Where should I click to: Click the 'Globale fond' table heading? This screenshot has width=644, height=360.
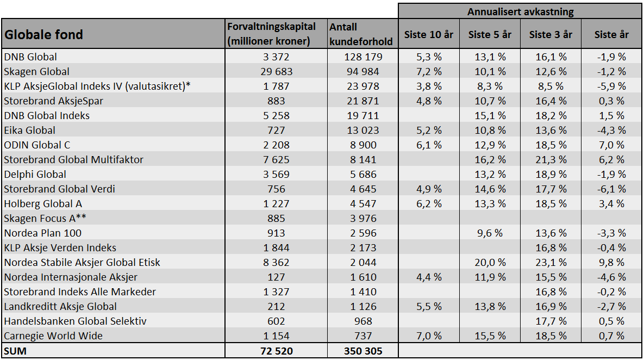coord(43,34)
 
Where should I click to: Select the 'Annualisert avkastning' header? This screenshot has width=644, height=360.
coord(521,11)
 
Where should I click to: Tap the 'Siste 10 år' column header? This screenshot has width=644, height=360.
coord(428,34)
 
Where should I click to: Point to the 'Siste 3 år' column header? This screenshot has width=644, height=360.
coord(551,34)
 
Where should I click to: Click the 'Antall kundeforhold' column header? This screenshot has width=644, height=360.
coord(361,34)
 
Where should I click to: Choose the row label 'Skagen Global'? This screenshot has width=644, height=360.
coord(36,71)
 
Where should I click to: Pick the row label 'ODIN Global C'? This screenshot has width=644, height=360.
coord(37,145)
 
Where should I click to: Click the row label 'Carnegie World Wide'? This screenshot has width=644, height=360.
coord(53,336)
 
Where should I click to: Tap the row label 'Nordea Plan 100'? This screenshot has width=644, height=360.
coord(43,233)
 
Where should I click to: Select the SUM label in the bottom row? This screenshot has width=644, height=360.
coord(15,351)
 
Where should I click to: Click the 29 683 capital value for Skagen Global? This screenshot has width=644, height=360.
coord(277,71)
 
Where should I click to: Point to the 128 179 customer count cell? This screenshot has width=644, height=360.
coord(363,57)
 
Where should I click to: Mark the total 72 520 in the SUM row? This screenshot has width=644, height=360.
coord(277,351)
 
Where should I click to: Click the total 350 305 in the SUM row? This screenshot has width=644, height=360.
coord(363,351)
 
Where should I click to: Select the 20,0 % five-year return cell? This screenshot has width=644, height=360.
coord(490,262)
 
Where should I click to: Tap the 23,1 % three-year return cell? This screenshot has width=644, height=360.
coord(551,262)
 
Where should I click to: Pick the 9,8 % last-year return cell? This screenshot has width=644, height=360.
coord(611,262)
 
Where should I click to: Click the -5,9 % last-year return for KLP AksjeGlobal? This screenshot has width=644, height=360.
coord(611,86)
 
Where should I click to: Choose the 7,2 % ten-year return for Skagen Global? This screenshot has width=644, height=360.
coord(429,71)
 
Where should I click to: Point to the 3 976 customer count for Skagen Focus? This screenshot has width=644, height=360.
coord(363,218)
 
